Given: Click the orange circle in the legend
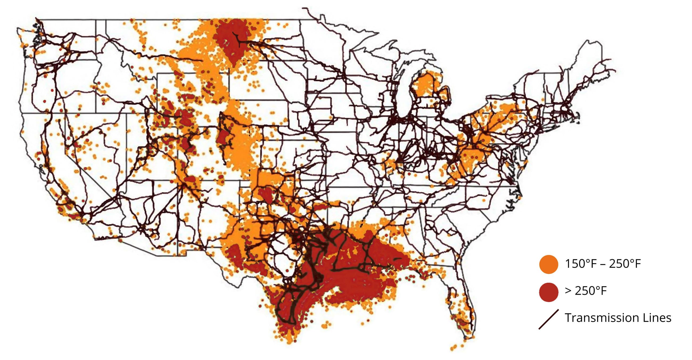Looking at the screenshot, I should pos(548,265).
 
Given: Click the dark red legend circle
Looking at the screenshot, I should pos(548,292).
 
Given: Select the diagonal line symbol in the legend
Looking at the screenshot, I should pos(549,319).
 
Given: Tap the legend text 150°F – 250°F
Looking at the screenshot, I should pos(603,264).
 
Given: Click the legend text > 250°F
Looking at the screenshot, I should pos(586,291).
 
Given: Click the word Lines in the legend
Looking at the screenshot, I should pos(657,318).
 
